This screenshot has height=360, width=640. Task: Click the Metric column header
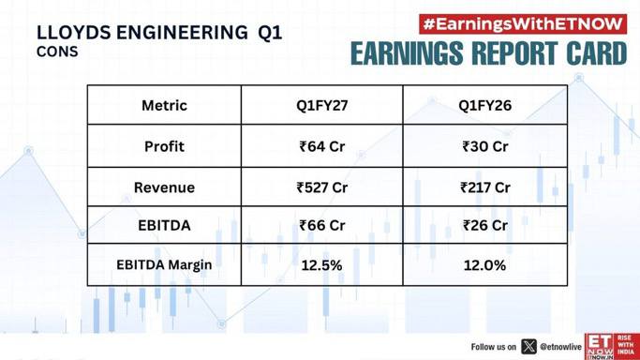click(x=164, y=105)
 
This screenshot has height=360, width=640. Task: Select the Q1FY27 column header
click(x=322, y=105)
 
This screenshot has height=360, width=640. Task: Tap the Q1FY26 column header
click(x=484, y=105)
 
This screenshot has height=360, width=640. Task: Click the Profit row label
click(x=164, y=146)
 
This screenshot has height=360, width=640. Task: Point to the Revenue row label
click(x=164, y=187)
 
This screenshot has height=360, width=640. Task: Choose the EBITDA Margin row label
click(x=164, y=264)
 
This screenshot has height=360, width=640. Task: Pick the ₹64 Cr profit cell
click(x=322, y=146)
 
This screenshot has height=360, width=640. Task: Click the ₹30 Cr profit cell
click(x=484, y=146)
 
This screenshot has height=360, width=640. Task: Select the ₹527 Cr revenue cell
click(x=322, y=187)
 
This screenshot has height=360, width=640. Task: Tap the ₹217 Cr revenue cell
click(x=484, y=187)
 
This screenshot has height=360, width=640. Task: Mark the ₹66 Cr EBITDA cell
click(x=322, y=225)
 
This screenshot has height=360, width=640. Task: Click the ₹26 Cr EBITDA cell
click(x=484, y=225)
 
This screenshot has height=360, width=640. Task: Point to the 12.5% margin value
click(x=321, y=265)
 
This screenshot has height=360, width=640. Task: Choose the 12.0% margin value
click(x=484, y=265)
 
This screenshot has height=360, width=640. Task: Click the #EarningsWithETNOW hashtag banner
click(x=523, y=24)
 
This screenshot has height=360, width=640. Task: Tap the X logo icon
click(x=528, y=347)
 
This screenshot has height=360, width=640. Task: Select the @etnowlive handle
click(x=560, y=347)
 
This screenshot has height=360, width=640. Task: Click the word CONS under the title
click(x=57, y=52)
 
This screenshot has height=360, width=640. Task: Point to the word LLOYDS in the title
click(x=73, y=33)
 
